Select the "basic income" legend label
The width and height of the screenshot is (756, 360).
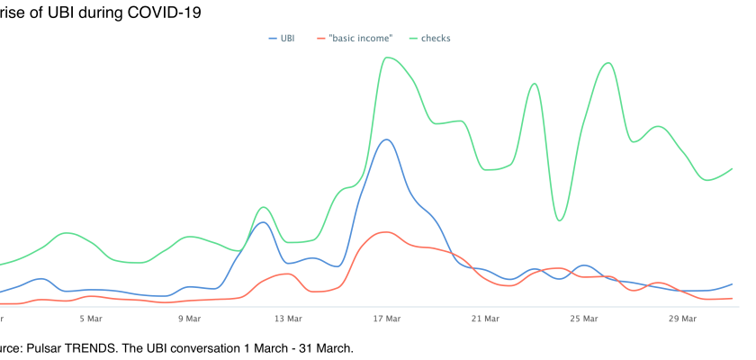click(360, 39)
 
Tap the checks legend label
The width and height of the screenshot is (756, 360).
click(436, 39)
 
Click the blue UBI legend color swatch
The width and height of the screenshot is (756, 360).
click(273, 39)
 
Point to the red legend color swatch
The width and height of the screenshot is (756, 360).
click(321, 39)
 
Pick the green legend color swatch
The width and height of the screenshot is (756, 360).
click(414, 39)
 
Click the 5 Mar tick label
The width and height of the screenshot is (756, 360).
click(90, 319)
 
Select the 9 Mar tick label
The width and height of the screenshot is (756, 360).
click(189, 319)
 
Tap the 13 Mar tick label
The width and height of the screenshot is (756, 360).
click(288, 319)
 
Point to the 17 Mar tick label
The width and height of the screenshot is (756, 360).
click(387, 319)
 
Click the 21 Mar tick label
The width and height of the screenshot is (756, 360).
click(485, 319)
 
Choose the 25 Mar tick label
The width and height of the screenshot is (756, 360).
click(584, 319)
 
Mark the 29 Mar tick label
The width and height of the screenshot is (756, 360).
click(683, 319)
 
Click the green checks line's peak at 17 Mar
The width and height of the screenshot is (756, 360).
click(387, 58)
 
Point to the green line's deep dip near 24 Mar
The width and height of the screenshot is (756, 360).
click(559, 220)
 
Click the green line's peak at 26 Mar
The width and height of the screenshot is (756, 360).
click(609, 62)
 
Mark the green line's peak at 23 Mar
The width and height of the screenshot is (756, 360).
click(535, 83)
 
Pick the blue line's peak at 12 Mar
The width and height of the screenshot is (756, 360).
click(263, 221)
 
